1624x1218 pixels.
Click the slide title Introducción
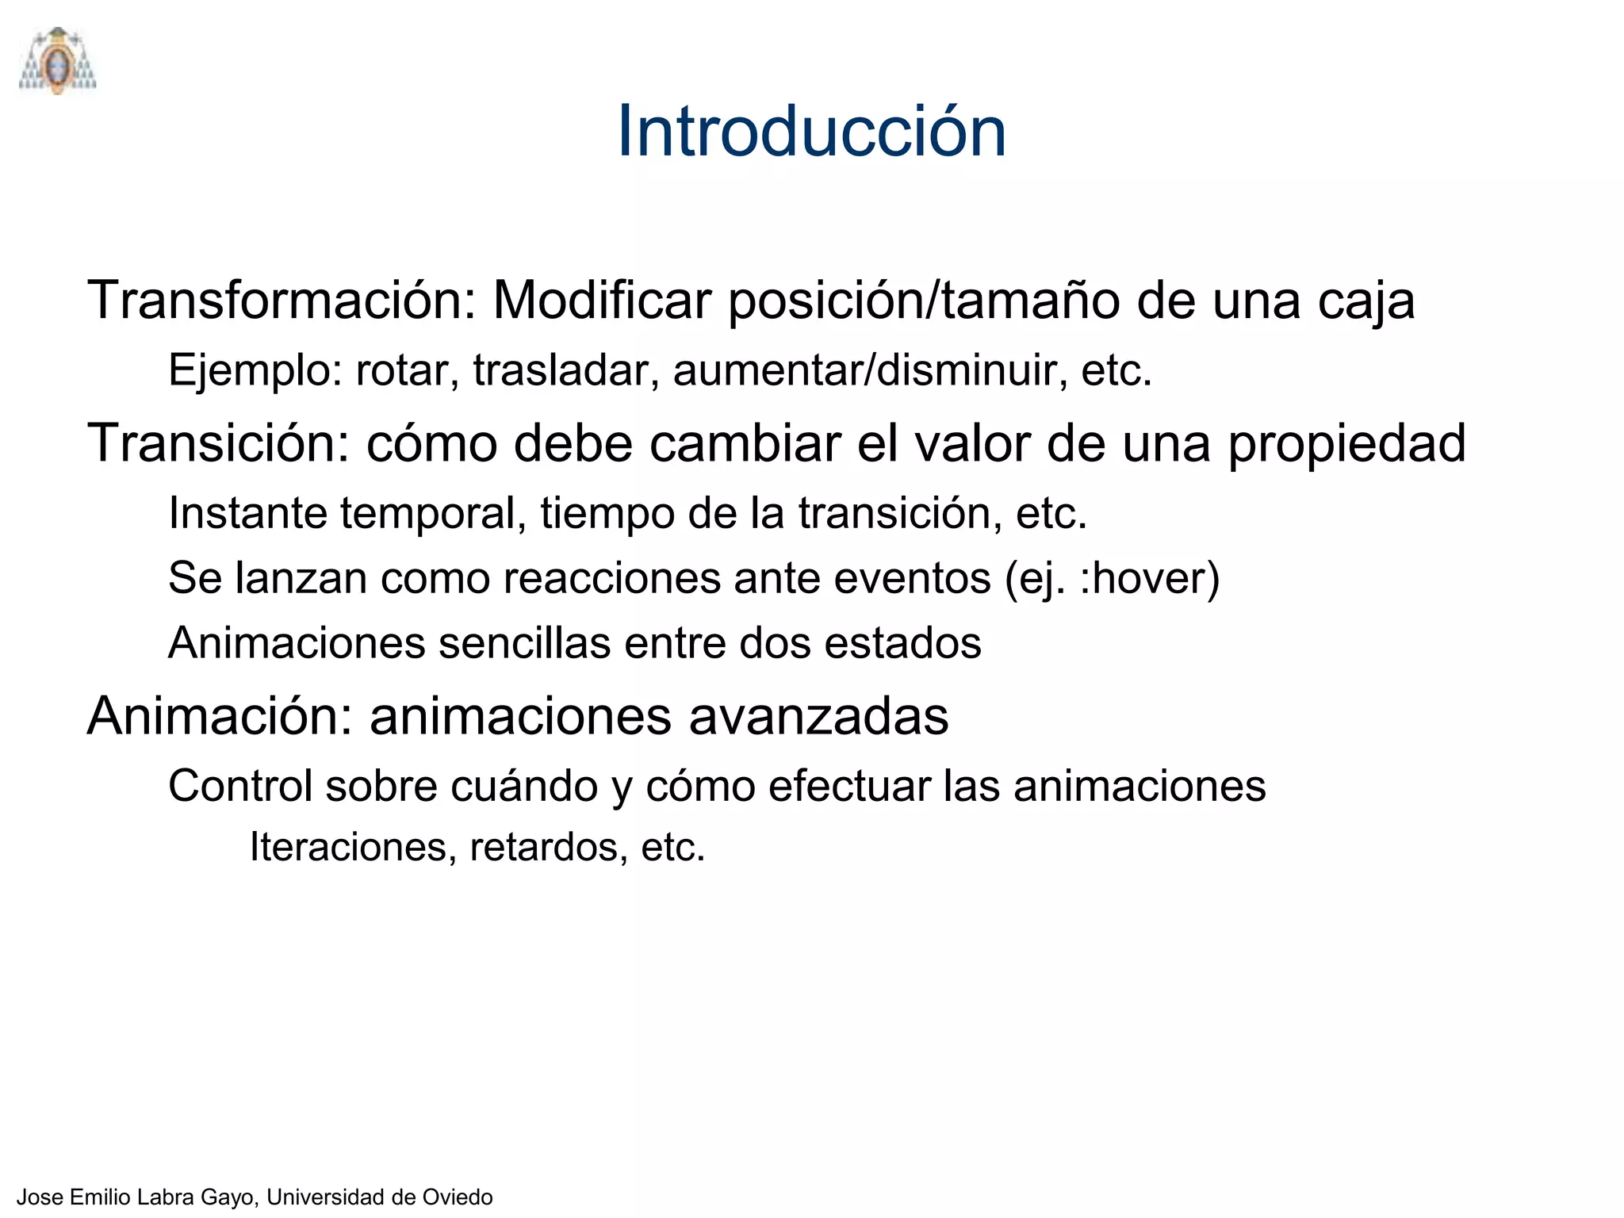pos(811,132)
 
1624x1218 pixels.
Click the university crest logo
pos(57,62)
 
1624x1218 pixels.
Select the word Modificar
pos(602,301)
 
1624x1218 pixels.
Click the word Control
pos(240,786)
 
